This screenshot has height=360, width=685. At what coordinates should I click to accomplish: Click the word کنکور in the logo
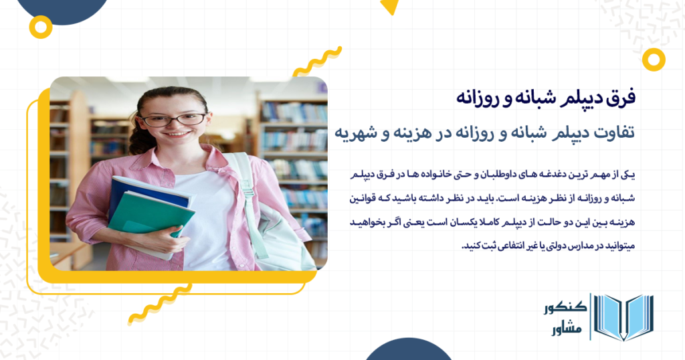pos(563,308)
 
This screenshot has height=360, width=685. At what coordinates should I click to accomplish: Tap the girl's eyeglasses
pos(173,120)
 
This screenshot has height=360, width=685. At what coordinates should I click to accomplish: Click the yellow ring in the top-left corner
pos(41,27)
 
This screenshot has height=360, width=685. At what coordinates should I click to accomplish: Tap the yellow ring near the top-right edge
pos(653,59)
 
